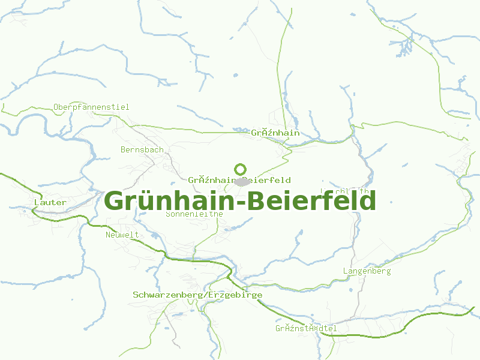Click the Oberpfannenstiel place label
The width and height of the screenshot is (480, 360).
point(91,107)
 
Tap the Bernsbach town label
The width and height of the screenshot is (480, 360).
point(142,149)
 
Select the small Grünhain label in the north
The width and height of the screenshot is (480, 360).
point(275,133)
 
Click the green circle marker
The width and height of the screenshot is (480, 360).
point(240,169)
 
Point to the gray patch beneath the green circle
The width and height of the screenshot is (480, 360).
point(242,181)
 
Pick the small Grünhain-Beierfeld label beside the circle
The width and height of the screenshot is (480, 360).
point(239,180)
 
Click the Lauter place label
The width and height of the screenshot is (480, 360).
point(50,203)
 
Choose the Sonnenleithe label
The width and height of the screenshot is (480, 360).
point(194,214)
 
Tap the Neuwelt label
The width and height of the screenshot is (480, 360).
point(122,235)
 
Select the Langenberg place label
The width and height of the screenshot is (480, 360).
point(367,271)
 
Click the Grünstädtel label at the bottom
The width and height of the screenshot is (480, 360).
point(306,329)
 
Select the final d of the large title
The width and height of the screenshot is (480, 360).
point(367,200)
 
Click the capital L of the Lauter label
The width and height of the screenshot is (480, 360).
point(37,203)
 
